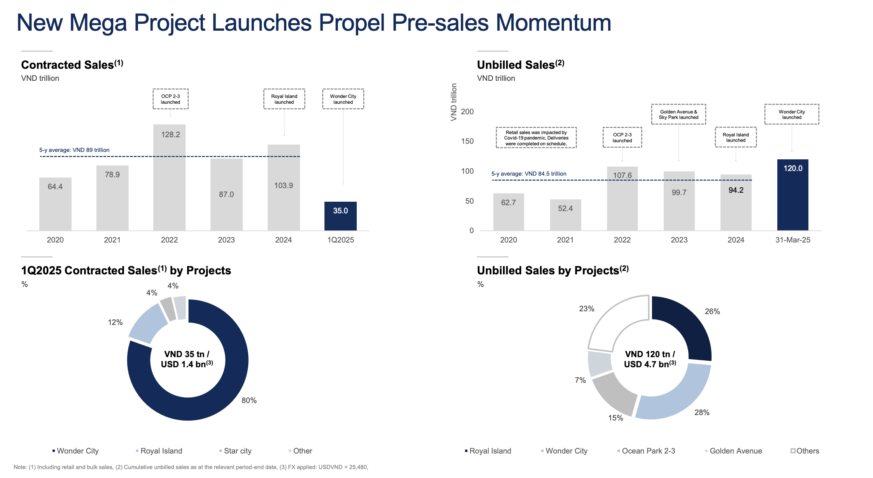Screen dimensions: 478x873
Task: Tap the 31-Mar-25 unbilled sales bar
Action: tap(792, 195)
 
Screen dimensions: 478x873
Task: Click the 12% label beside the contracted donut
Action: tap(115, 322)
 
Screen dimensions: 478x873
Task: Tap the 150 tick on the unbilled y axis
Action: tap(467, 141)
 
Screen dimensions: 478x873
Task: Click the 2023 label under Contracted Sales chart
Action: tap(226, 240)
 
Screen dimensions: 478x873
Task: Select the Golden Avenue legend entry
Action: tap(735, 451)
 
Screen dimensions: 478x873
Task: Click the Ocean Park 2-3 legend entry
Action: tap(648, 451)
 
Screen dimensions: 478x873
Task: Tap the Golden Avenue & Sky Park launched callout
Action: tap(678, 114)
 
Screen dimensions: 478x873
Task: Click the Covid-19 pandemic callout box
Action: tap(536, 138)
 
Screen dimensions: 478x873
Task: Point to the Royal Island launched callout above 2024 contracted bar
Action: tap(284, 99)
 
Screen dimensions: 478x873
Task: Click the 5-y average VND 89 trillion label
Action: tap(74, 150)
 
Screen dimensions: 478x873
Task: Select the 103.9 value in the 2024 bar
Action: tap(283, 185)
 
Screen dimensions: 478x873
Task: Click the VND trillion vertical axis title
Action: tap(454, 102)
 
